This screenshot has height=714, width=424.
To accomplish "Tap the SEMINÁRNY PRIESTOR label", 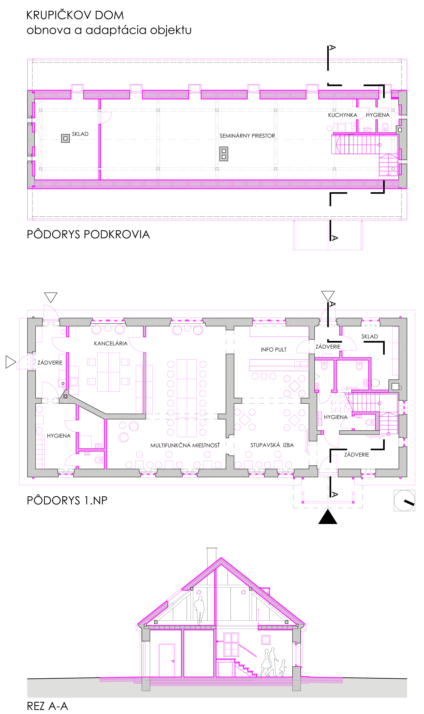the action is coord(247,136).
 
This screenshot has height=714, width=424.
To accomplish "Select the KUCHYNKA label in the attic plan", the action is coord(343,115).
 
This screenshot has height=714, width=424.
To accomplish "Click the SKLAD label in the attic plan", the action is coord(80,134).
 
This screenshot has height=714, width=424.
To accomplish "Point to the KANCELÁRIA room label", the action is coord(111,344).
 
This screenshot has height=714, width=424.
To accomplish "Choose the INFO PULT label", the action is coord(273,350).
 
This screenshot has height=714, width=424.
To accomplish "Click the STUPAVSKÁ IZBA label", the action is coord(272,445).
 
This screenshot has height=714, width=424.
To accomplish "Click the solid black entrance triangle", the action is coord(328,516).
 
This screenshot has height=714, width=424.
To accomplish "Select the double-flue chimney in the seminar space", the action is coord(224,154).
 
